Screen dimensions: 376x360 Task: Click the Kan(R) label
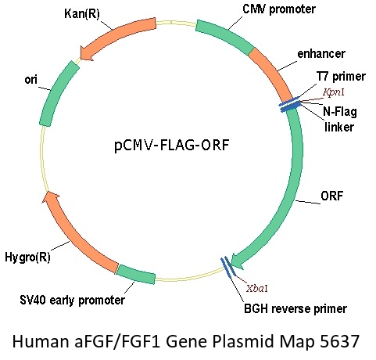click(82, 13)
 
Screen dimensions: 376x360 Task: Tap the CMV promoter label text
click(279, 9)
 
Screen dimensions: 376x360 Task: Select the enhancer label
click(321, 54)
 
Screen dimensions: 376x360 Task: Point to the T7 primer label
click(341, 77)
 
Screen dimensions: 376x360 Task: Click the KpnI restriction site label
click(334, 92)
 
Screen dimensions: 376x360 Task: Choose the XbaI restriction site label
click(257, 288)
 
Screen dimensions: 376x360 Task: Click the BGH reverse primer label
click(295, 308)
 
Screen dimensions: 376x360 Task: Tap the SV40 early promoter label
click(73, 300)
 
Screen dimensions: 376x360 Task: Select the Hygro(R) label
click(27, 257)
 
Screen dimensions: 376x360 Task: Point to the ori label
click(31, 80)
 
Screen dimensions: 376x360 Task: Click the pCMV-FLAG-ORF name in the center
click(172, 145)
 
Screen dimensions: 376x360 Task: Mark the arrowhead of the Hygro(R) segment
click(51, 197)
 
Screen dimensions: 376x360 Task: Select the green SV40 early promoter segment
click(136, 274)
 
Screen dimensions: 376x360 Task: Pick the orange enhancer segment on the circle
click(273, 74)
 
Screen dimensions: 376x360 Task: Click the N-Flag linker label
click(339, 119)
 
